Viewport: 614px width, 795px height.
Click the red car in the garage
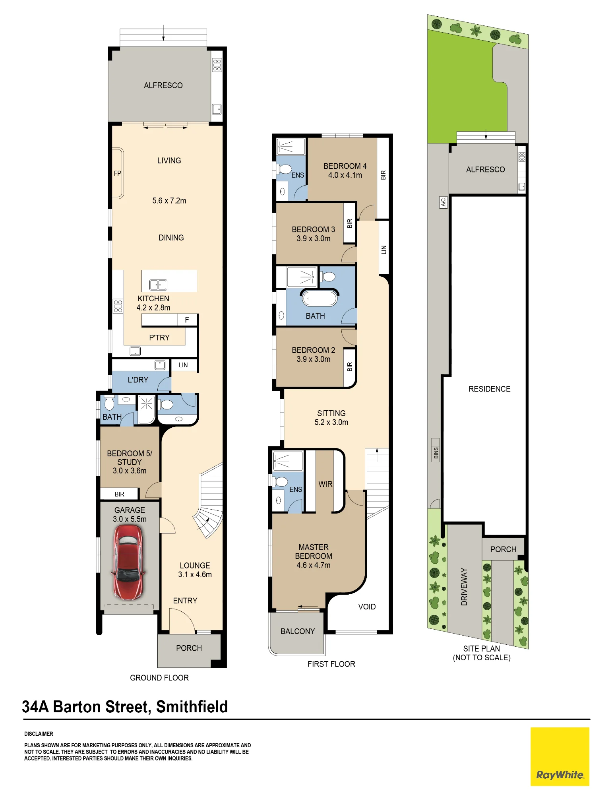click(x=128, y=562)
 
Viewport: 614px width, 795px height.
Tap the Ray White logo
click(x=560, y=756)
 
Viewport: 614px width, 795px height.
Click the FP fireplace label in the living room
click(x=117, y=173)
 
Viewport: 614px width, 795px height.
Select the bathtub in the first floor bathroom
click(x=320, y=299)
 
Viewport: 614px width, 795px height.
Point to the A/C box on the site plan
click(x=443, y=202)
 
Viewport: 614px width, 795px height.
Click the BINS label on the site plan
click(x=436, y=453)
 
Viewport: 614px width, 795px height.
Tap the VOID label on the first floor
click(x=367, y=607)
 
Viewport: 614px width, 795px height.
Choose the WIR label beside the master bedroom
click(x=325, y=484)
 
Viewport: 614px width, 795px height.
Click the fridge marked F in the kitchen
click(x=187, y=320)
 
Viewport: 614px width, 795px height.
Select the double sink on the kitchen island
click(x=158, y=285)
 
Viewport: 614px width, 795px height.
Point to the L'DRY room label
click(x=138, y=380)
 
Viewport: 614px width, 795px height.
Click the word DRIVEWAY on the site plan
click(x=464, y=586)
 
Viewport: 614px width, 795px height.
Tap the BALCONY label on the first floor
click(x=298, y=631)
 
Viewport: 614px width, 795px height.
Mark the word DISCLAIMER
click(x=39, y=734)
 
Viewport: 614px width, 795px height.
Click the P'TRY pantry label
click(x=159, y=337)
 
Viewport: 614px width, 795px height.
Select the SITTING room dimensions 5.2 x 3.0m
click(x=331, y=422)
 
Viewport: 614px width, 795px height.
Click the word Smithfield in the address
click(x=192, y=707)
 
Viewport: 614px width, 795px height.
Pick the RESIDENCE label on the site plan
click(x=490, y=389)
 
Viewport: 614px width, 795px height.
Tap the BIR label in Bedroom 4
click(x=383, y=175)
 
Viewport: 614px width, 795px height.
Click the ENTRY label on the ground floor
click(x=185, y=601)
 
